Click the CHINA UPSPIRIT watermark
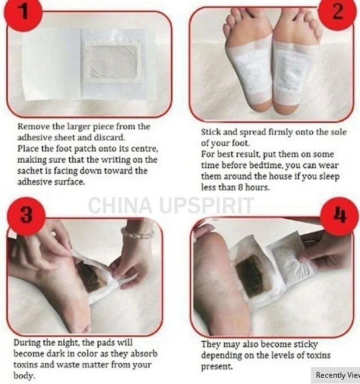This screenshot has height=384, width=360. [171, 206]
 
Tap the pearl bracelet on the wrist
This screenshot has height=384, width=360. [137, 233]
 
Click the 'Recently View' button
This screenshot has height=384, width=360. [336, 375]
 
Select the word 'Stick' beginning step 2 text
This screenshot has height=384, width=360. [210, 133]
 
